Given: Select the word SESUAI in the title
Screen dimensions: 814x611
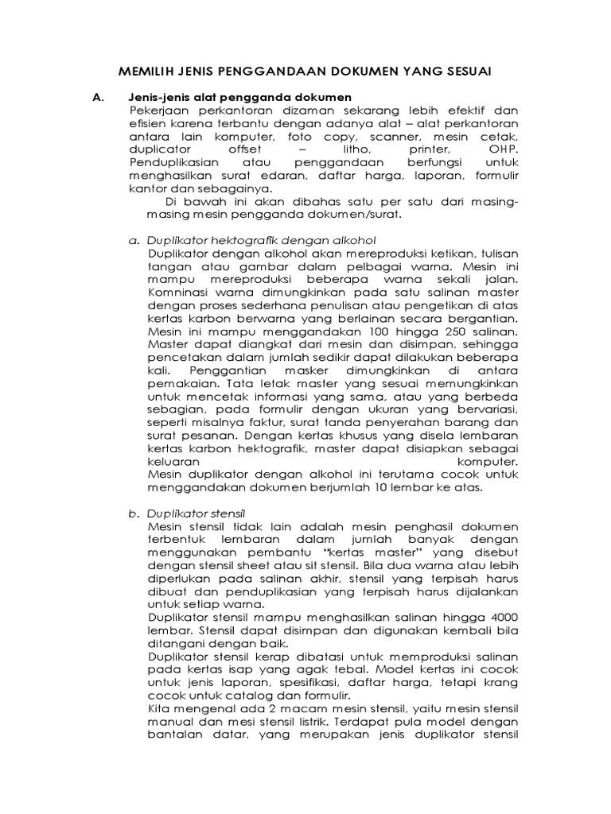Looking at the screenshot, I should point(464,72).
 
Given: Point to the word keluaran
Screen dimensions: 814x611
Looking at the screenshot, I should point(175,460).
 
